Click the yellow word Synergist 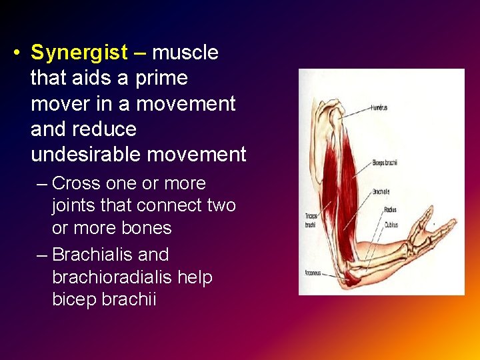tap(79, 53)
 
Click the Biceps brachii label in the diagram tap(385, 162)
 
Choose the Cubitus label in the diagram tap(391, 225)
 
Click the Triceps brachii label tap(311, 220)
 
